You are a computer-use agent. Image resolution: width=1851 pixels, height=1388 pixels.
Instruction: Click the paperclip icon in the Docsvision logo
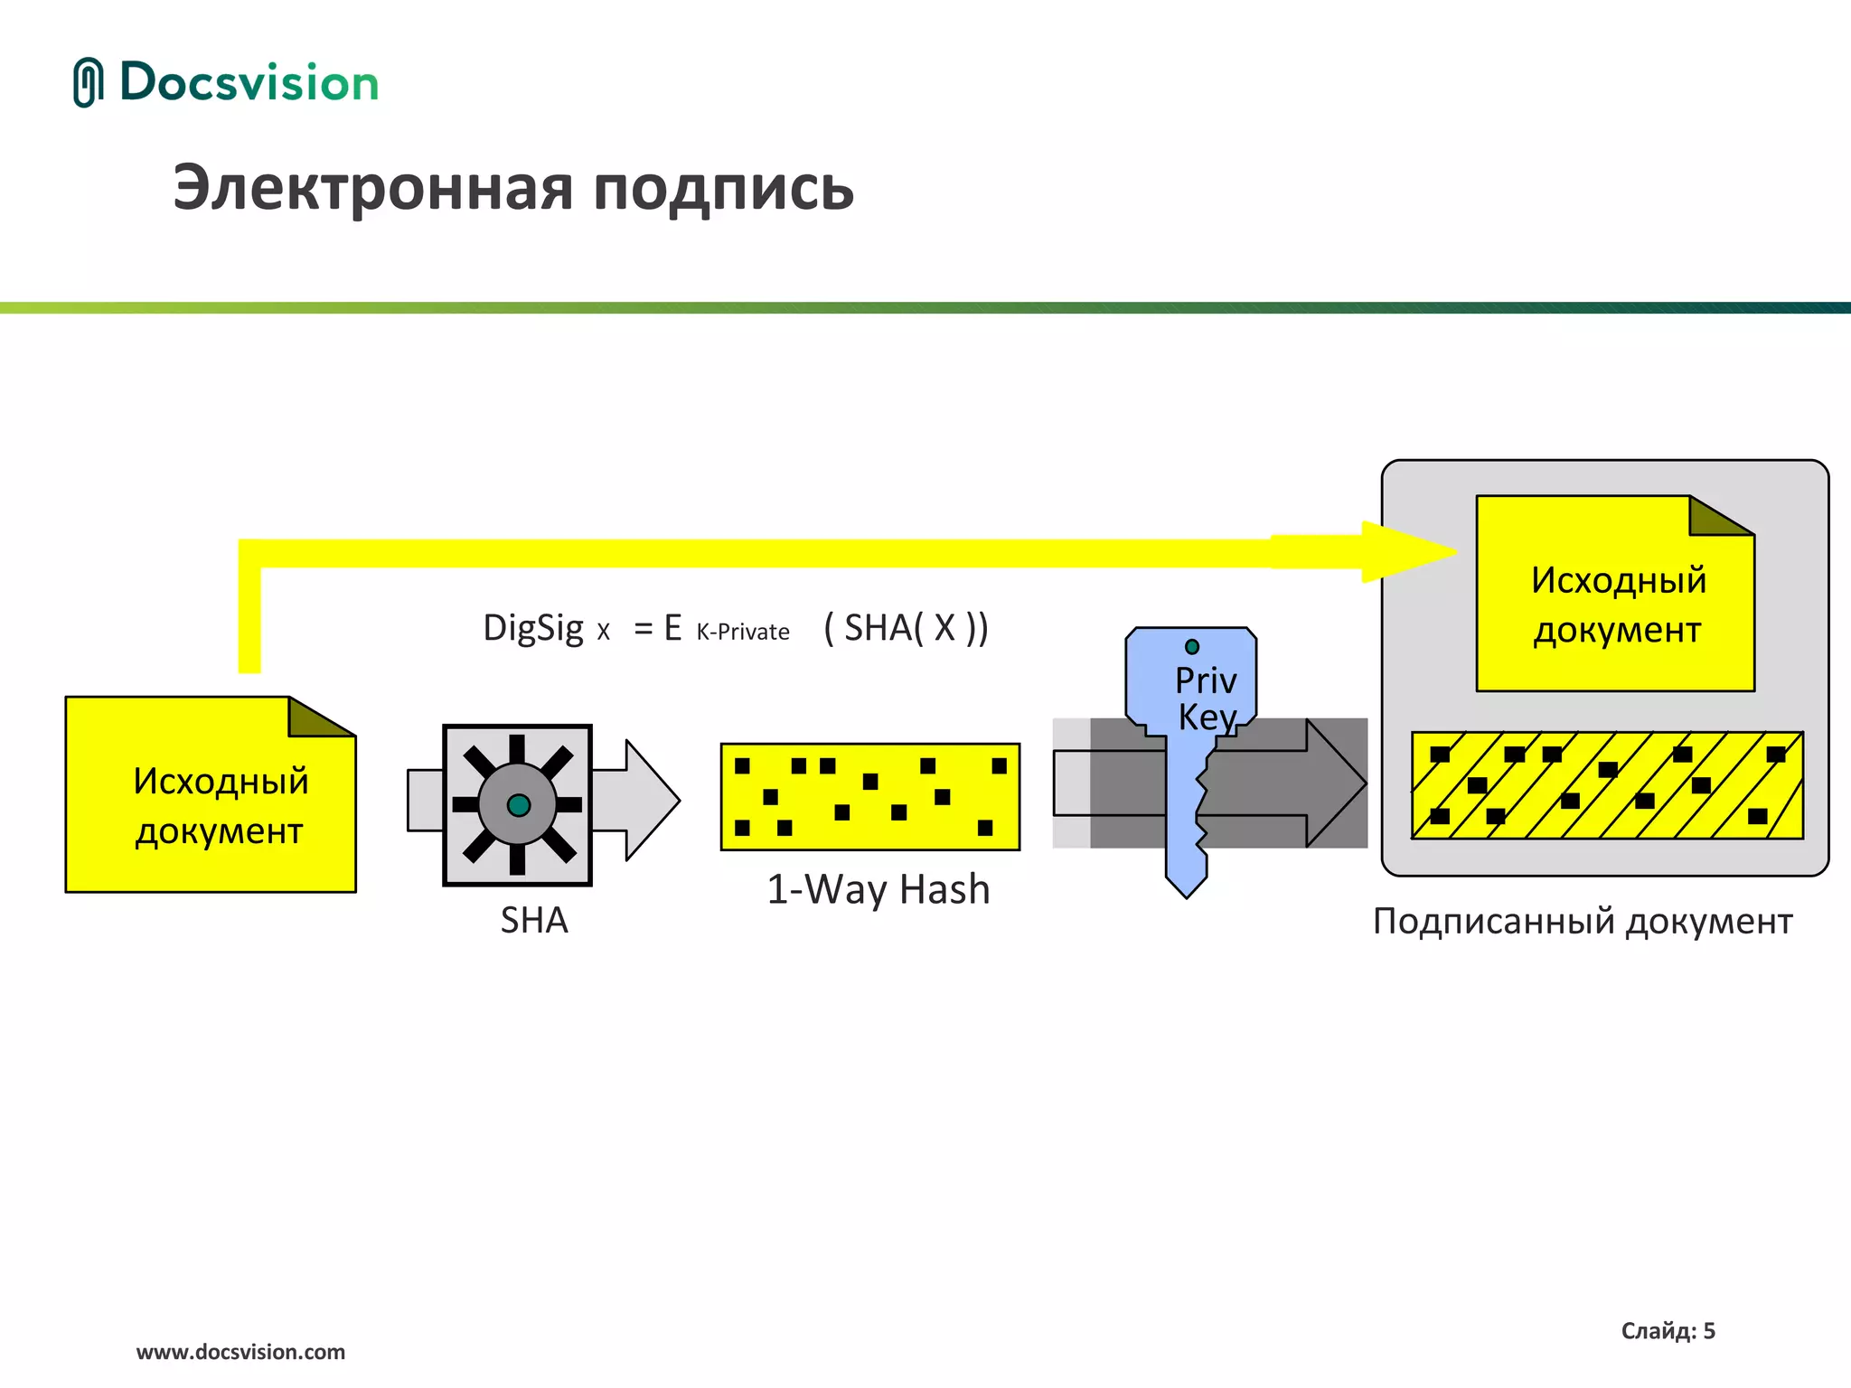(x=88, y=82)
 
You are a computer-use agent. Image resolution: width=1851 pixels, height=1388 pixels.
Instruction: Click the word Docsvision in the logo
(x=249, y=82)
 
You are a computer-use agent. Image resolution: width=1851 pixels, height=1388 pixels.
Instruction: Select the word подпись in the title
(x=723, y=190)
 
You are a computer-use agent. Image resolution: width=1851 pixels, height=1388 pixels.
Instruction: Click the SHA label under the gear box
(x=534, y=920)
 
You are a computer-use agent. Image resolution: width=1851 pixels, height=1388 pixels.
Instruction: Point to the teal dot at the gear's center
(x=519, y=805)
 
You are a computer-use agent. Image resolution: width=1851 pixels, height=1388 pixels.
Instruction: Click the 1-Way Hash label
(x=878, y=889)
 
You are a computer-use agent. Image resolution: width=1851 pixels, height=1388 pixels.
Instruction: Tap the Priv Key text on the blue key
(x=1206, y=699)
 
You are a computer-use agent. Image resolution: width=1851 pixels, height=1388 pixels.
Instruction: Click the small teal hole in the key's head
(x=1192, y=646)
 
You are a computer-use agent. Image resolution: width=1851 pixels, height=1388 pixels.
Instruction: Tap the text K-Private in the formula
(x=742, y=632)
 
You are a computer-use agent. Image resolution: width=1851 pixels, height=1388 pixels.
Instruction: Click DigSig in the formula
(x=533, y=627)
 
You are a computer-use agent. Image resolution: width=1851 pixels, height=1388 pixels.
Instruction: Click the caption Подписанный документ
(x=1582, y=921)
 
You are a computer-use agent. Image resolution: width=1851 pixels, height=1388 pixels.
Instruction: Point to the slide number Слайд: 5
(x=1668, y=1330)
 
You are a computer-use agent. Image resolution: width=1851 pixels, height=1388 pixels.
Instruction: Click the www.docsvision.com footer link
(x=240, y=1352)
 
